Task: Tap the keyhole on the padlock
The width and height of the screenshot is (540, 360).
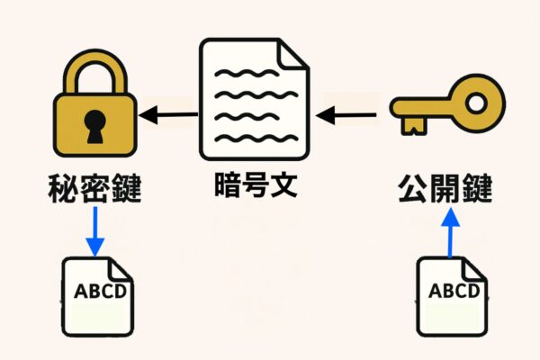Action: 95,127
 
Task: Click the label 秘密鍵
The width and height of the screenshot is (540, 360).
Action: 95,192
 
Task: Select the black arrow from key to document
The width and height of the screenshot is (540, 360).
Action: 347,114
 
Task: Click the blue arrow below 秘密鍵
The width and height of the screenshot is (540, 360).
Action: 95,232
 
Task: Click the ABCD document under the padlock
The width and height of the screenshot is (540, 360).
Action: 96,296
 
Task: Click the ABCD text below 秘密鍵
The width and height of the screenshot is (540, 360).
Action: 96,292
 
